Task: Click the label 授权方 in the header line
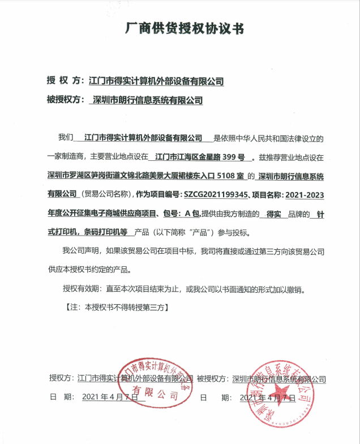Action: pyautogui.click(x=64, y=81)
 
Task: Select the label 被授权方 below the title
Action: pyautogui.click(x=65, y=100)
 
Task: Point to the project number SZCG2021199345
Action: pyautogui.click(x=215, y=195)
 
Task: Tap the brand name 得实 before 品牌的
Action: pyautogui.click(x=274, y=214)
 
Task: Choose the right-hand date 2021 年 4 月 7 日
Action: pyautogui.click(x=267, y=398)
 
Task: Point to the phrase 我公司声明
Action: pyautogui.click(x=82, y=251)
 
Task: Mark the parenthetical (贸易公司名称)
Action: pyautogui.click(x=105, y=195)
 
